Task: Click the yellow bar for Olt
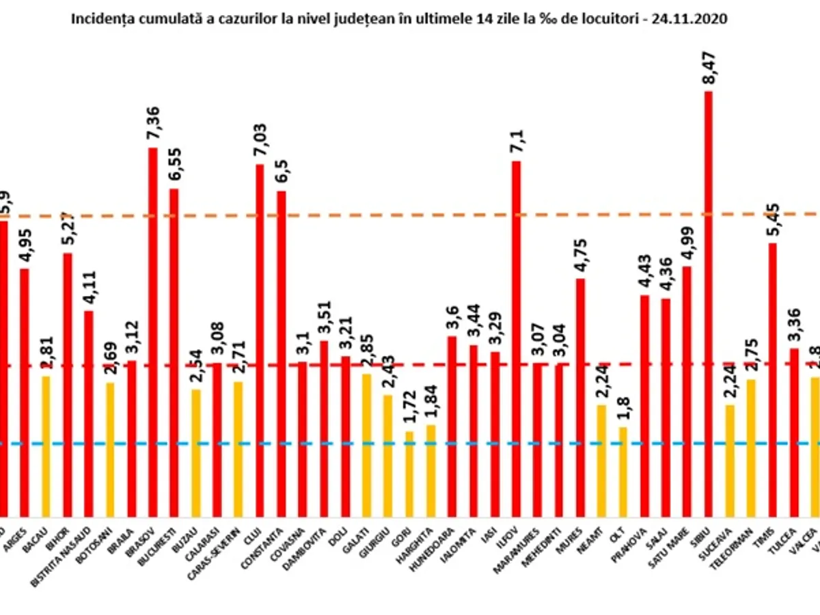(x=622, y=471)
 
